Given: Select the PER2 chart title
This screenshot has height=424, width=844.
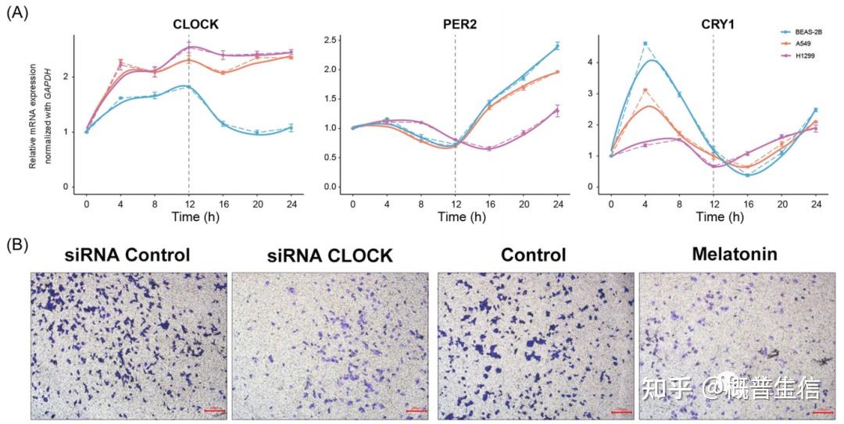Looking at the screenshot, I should pos(460,24).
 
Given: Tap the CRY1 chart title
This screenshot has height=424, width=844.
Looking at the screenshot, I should pos(717,24).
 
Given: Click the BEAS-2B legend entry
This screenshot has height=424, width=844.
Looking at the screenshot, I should pos(806,32).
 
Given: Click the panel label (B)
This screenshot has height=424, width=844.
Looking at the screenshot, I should pos(17,244).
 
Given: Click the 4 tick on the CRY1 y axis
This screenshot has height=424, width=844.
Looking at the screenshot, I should pos(595,62).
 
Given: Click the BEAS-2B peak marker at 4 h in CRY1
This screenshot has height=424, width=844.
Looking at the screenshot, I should pos(645,44).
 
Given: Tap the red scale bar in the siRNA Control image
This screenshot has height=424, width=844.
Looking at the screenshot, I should pos(213,410).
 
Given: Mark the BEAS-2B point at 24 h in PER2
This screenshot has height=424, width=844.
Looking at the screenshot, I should pos(557,47).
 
